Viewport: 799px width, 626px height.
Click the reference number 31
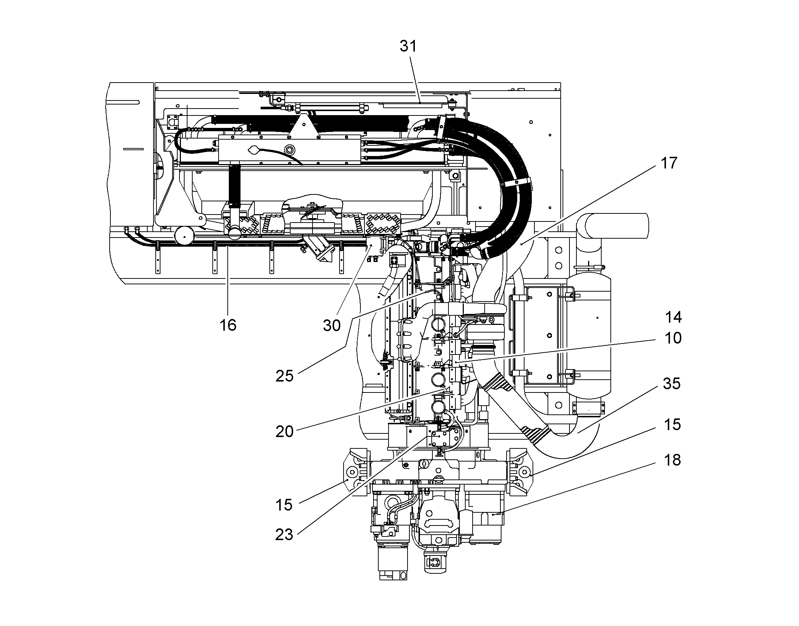click(408, 46)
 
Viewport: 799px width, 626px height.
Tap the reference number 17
click(669, 163)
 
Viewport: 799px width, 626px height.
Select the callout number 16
click(228, 325)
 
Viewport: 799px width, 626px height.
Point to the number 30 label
click(332, 325)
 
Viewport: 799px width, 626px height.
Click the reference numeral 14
click(673, 317)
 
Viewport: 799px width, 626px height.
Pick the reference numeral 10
click(673, 338)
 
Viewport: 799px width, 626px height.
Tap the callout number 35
click(671, 384)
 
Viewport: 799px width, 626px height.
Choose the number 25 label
click(285, 376)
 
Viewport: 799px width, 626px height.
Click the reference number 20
click(285, 432)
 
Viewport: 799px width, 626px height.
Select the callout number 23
click(285, 535)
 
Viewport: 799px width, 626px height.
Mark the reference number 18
click(672, 460)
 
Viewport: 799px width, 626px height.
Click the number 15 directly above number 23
click(284, 505)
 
